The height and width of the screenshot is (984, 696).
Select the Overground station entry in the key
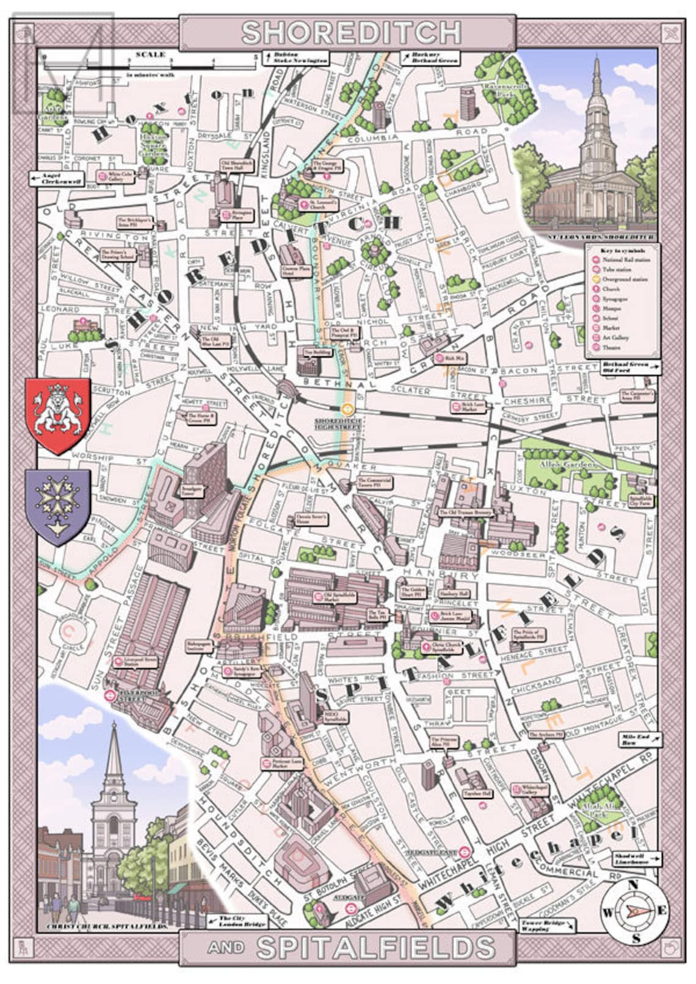[617, 279]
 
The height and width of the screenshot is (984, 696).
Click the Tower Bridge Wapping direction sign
[545, 925]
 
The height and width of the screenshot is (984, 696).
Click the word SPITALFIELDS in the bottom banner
[375, 948]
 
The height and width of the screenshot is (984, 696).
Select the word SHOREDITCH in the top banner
[351, 33]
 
